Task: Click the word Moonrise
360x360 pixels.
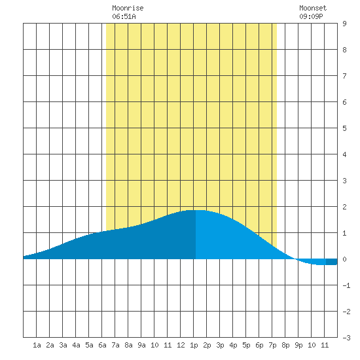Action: [128, 8]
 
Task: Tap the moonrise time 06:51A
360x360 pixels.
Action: [124, 16]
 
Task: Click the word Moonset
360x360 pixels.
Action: [313, 8]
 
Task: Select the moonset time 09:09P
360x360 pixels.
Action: [311, 16]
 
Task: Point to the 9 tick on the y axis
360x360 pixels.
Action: [344, 24]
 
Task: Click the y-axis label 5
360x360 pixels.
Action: [344, 128]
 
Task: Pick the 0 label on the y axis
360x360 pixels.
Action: [344, 259]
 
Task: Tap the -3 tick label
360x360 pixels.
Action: [346, 338]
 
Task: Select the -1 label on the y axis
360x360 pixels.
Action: [346, 285]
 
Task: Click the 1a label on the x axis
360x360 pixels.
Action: [37, 345]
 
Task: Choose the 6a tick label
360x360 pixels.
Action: [102, 345]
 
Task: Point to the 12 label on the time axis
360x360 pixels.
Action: [181, 345]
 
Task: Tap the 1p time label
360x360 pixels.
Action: [194, 345]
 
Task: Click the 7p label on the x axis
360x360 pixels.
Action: [272, 345]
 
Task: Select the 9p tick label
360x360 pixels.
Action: [298, 345]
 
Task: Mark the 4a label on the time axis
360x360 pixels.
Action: [76, 345]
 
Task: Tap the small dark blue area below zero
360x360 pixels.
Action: [332, 262]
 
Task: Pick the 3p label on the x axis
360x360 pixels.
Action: [220, 345]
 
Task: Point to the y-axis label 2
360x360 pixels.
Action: [344, 207]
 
